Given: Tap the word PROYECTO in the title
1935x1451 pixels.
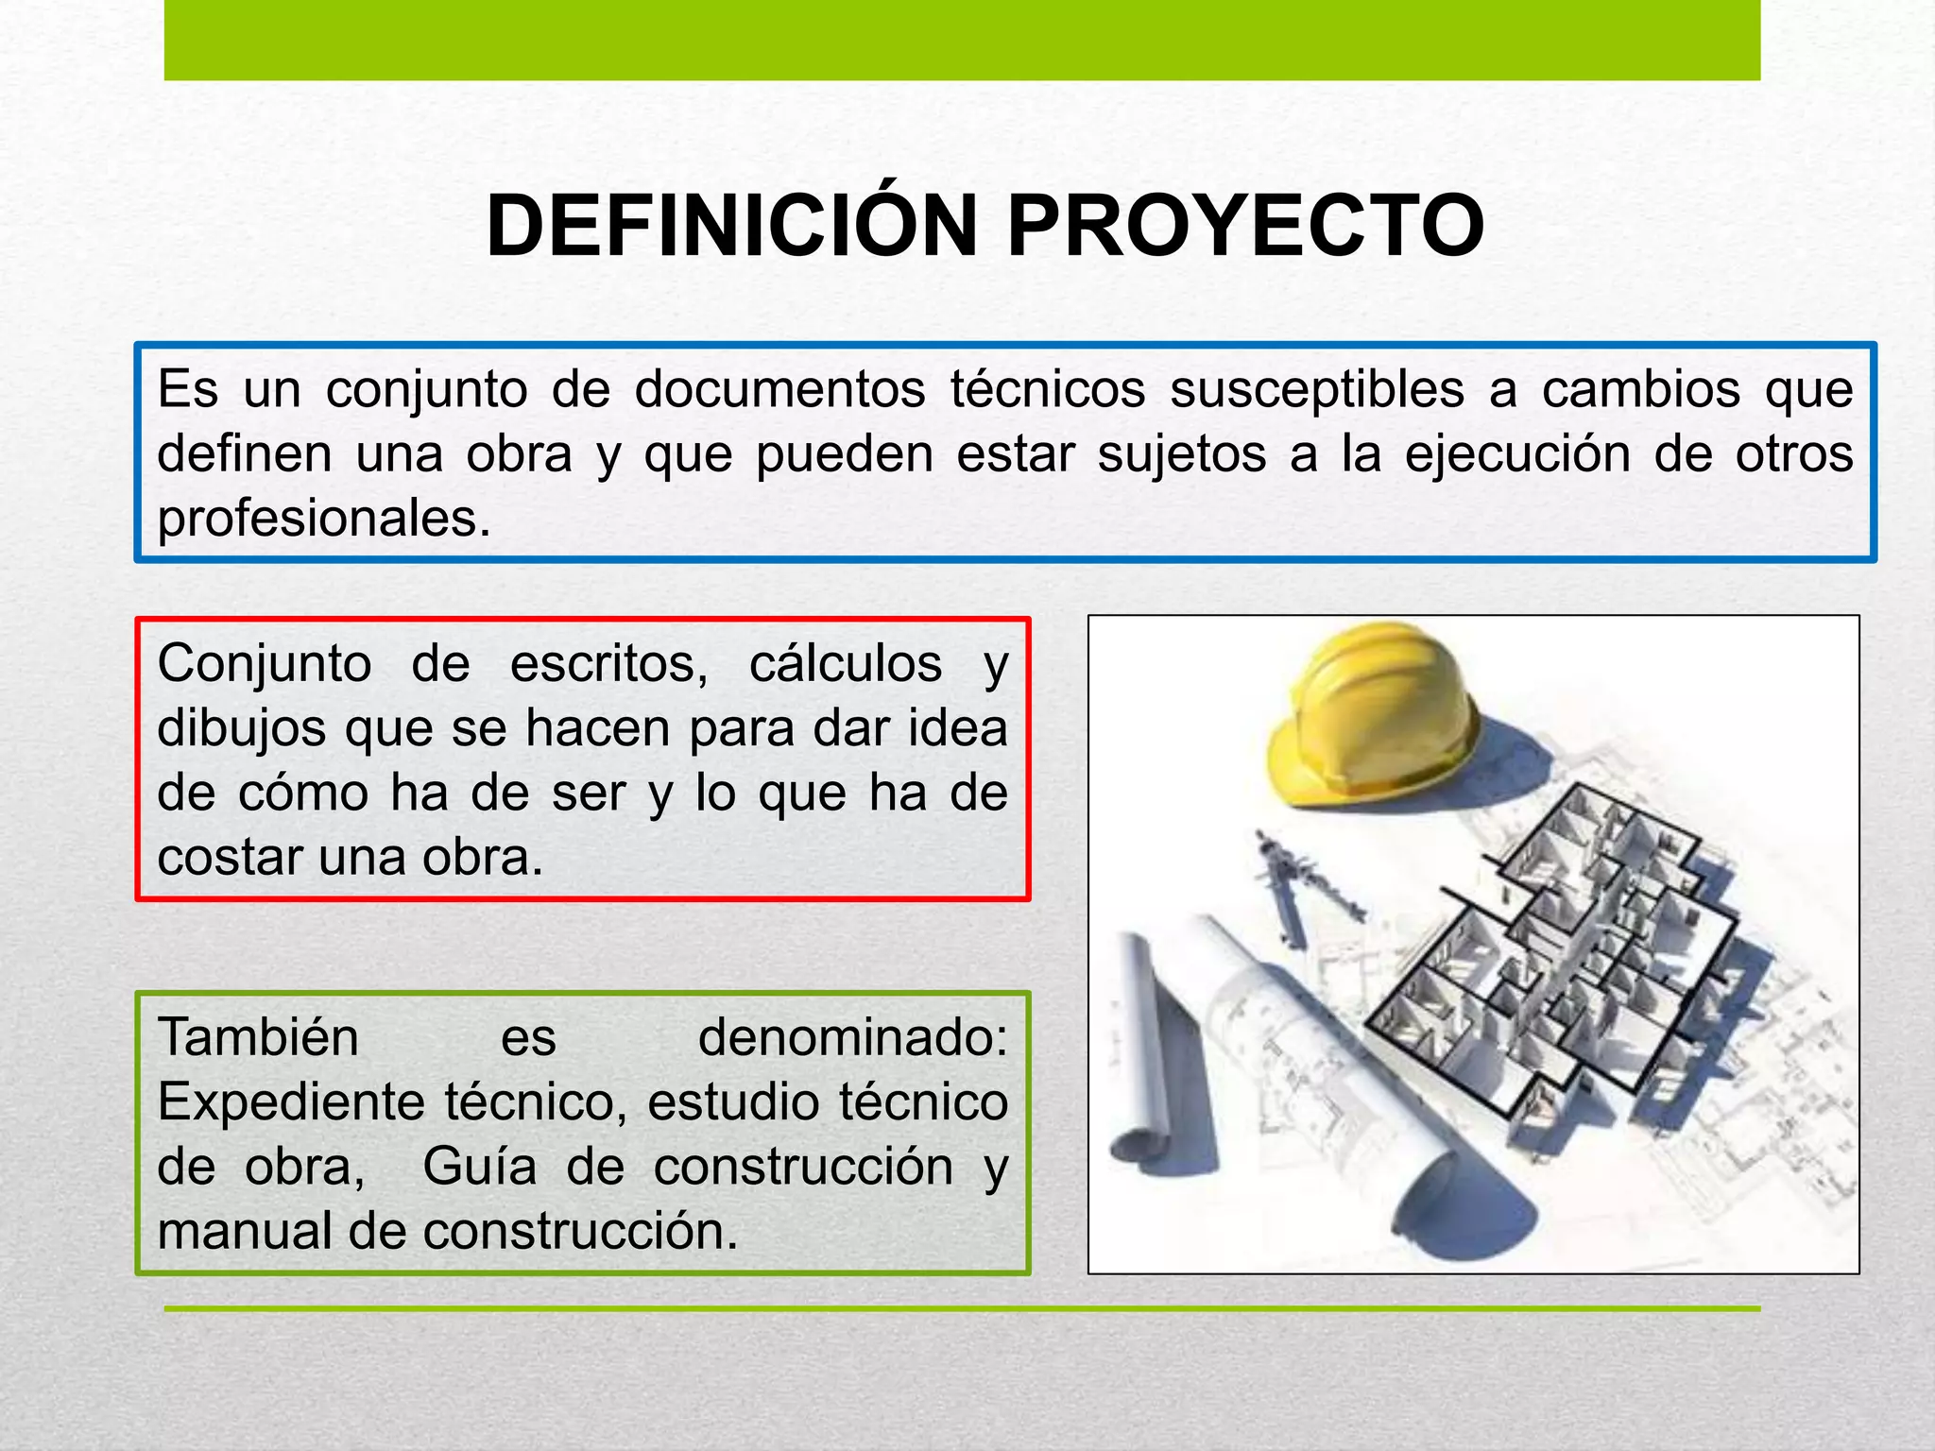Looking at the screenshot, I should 1245,227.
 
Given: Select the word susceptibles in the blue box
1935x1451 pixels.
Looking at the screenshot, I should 1317,389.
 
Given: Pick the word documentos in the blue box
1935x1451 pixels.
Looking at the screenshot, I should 779,389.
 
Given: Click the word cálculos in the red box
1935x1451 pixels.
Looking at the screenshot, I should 846,663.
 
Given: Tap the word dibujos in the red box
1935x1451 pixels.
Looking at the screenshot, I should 241,729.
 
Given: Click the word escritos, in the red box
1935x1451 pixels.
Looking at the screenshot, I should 608,663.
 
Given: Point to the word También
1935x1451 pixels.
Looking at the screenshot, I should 258,1037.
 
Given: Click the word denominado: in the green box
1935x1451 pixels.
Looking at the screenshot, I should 852,1037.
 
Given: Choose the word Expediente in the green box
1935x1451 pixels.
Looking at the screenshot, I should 291,1102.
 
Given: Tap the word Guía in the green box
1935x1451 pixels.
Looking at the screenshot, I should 480,1167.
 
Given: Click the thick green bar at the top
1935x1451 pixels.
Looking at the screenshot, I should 962,40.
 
